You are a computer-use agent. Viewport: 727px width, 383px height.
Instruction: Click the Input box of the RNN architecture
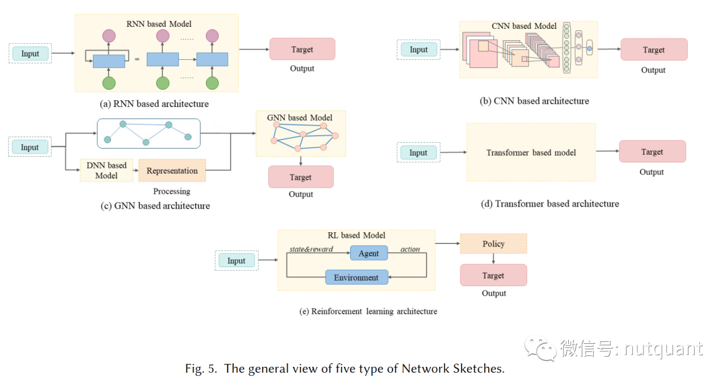click(30, 54)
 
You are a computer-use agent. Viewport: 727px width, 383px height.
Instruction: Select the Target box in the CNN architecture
click(654, 50)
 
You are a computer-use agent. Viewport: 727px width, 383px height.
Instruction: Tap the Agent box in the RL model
click(368, 253)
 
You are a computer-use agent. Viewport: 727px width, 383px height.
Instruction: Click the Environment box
click(356, 277)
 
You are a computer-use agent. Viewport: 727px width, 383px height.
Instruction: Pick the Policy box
click(493, 244)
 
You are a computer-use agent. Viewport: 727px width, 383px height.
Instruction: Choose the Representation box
click(172, 171)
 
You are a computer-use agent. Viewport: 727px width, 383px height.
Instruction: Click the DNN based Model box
click(106, 171)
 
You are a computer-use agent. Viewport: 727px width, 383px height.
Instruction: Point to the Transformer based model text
click(531, 153)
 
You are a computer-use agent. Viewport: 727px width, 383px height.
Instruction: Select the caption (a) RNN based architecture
click(154, 104)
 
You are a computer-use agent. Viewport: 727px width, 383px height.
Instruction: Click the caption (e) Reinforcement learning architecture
click(368, 312)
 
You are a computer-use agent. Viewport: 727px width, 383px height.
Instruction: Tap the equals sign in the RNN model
click(137, 60)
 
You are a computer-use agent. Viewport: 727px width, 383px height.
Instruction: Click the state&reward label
click(311, 249)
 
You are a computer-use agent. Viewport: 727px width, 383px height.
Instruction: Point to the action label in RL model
click(410, 249)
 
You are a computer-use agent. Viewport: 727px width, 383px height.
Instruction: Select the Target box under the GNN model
click(301, 177)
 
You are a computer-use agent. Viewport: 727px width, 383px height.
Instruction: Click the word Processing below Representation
click(172, 191)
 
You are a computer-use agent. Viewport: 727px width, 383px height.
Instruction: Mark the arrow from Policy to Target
click(493, 258)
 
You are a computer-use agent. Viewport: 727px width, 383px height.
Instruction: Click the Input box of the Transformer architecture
click(419, 153)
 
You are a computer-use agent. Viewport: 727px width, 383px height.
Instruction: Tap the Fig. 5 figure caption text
click(344, 368)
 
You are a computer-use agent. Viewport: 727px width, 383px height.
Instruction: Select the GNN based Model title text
click(300, 118)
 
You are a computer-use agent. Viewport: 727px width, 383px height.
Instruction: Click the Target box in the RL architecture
click(493, 275)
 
